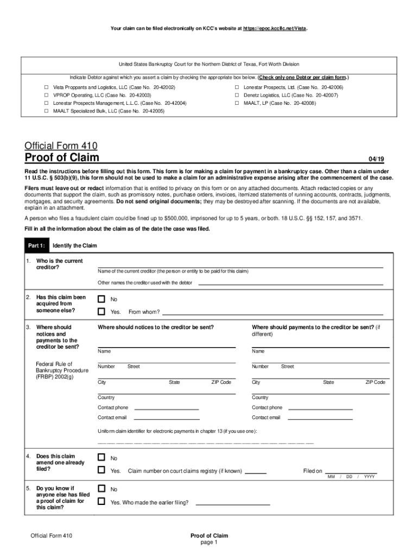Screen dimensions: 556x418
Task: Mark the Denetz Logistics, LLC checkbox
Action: click(x=237, y=95)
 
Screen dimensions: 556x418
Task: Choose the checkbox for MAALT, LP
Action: click(x=237, y=103)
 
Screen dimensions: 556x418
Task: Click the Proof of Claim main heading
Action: click(x=62, y=158)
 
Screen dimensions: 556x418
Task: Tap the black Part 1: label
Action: click(x=37, y=245)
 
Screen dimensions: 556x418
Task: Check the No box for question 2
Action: click(x=101, y=299)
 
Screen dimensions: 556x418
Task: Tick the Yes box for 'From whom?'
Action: click(x=101, y=312)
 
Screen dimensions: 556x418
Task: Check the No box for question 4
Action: click(x=101, y=458)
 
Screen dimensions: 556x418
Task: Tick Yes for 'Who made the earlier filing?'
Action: click(x=101, y=502)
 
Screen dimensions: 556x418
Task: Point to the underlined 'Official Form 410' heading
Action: click(x=61, y=146)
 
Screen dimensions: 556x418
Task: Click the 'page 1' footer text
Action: click(x=209, y=542)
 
